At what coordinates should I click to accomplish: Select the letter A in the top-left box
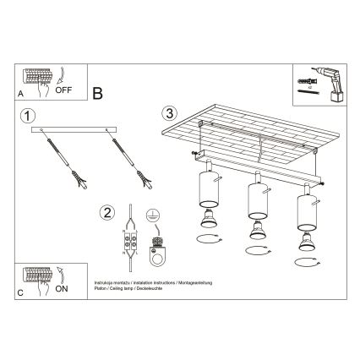pos(20,95)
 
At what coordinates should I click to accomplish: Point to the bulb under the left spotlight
pos(205,222)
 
